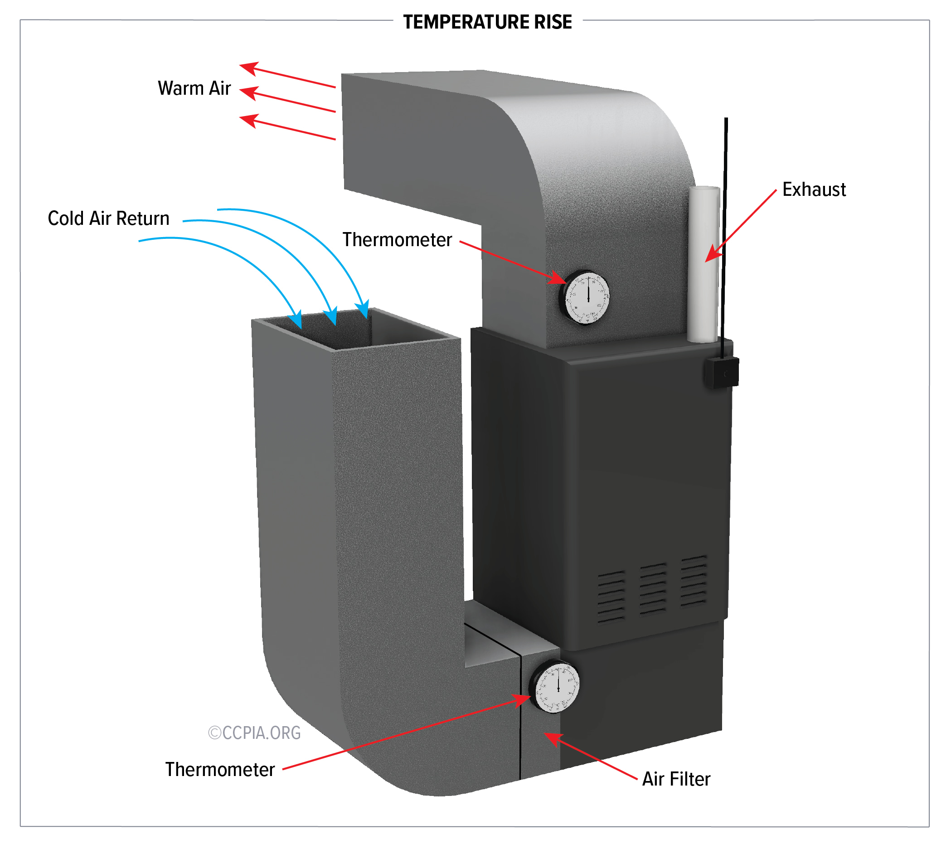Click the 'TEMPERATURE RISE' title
pos(487,22)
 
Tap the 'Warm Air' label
pos(194,88)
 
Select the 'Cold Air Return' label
pos(108,218)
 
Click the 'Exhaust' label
pos(814,190)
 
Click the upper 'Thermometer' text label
pos(397,240)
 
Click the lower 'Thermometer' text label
pos(219,770)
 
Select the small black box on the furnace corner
pos(722,373)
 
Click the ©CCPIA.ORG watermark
pos(254,733)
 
